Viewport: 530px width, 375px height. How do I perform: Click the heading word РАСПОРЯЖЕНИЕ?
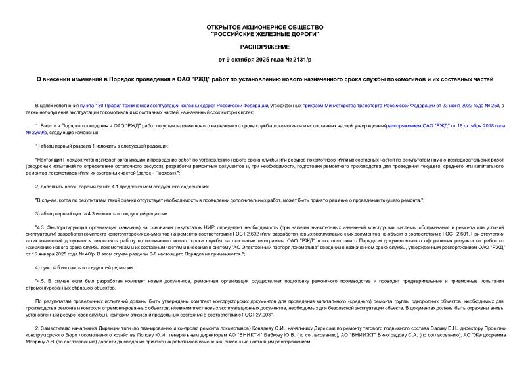pyautogui.click(x=264, y=49)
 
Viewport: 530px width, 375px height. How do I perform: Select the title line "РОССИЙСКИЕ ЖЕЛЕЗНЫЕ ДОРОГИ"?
pyautogui.click(x=264, y=34)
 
